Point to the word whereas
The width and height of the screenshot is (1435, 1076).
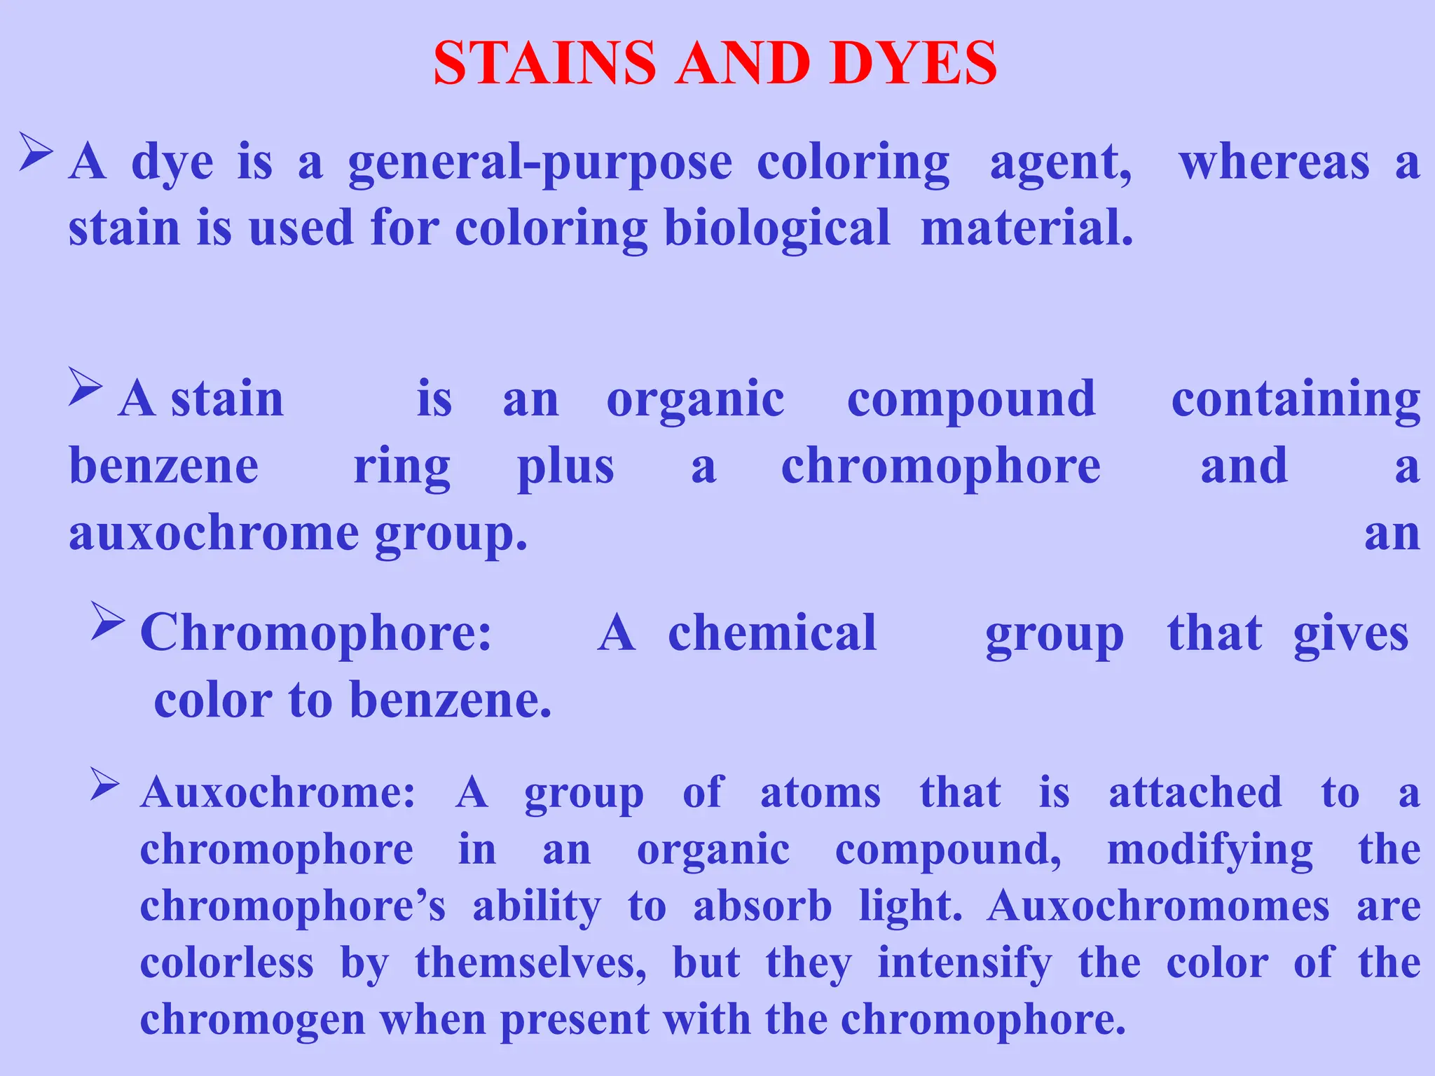1274,163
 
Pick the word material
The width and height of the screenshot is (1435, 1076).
1027,228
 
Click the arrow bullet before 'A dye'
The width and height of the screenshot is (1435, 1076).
36,152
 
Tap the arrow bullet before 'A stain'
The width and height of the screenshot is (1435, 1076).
85,387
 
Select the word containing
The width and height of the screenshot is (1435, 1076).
1296,401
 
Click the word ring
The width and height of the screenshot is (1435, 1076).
401,468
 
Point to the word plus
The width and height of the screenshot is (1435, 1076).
565,468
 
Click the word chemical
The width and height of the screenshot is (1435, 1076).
772,633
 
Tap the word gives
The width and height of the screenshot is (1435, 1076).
1350,635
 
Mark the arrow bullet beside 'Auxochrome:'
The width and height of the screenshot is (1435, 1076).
106,785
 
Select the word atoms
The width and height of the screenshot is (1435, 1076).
820,793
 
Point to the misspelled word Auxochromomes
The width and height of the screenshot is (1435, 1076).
1158,906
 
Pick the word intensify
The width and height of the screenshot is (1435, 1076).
964,964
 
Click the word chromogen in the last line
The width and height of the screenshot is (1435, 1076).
252,1020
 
